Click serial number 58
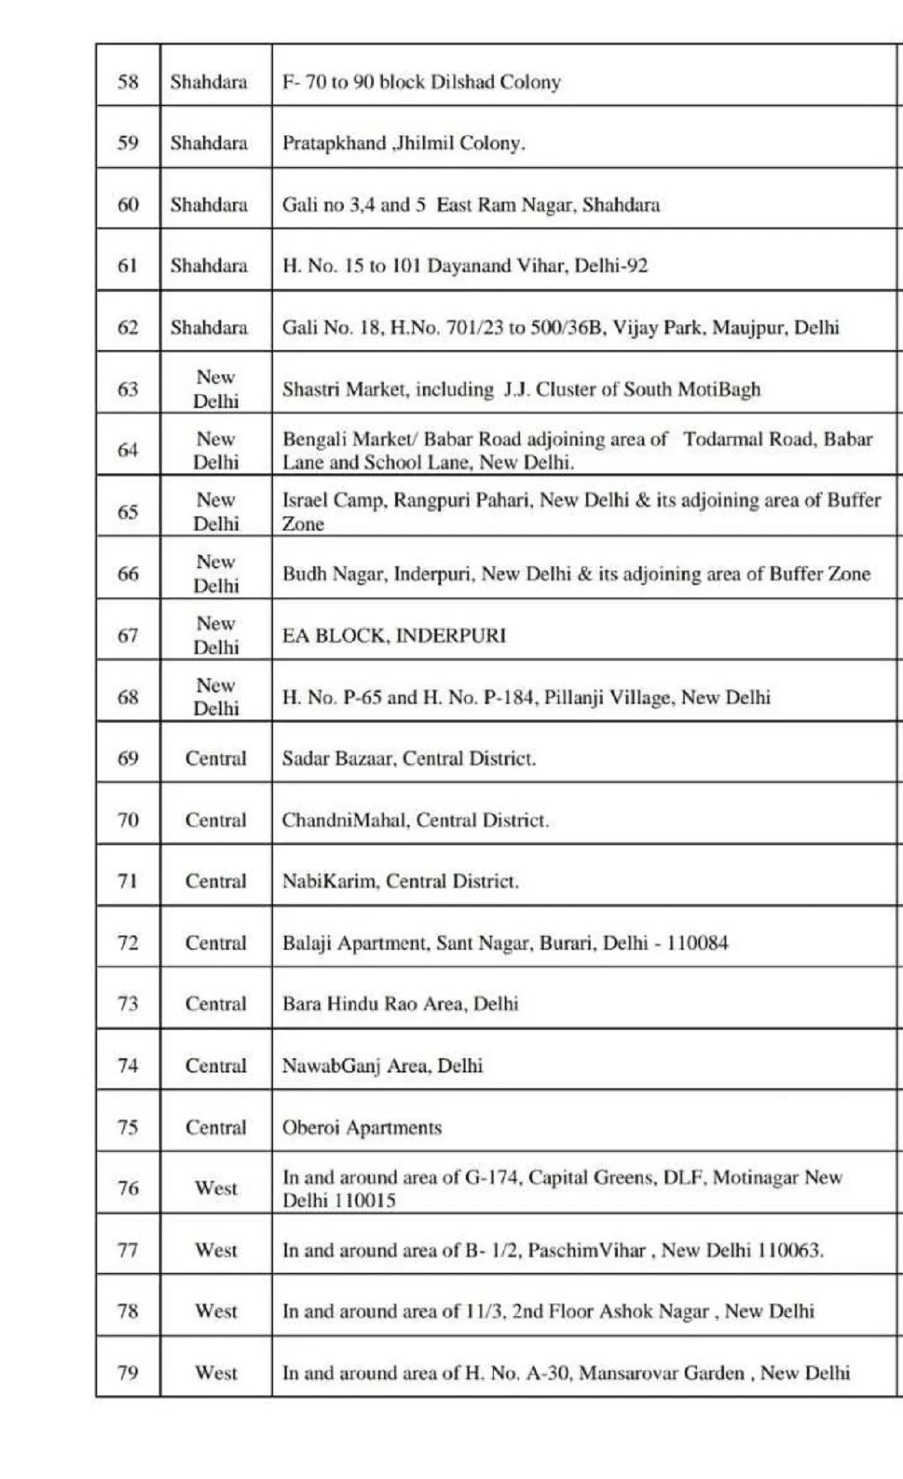click(128, 81)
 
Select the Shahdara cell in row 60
click(208, 204)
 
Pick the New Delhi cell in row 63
click(215, 388)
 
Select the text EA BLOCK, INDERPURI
click(394, 635)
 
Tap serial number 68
click(128, 697)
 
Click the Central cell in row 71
click(215, 881)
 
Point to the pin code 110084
click(697, 942)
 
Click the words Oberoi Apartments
click(361, 1127)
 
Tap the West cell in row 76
click(215, 1188)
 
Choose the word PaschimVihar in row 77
click(587, 1250)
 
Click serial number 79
click(128, 1372)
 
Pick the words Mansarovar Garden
click(661, 1373)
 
